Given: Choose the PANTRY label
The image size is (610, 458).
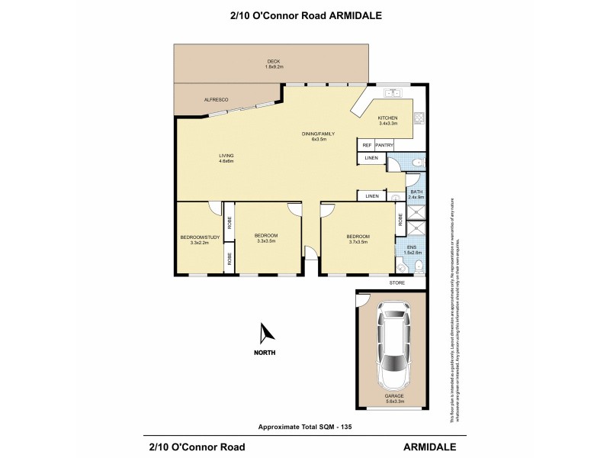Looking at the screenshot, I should point(384,145).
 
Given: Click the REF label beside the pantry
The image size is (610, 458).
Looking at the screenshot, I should point(366,145).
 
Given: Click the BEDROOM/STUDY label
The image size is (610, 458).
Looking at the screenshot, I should point(200,237).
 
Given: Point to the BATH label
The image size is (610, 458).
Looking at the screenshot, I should point(416,192).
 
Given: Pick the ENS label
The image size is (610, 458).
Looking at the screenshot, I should point(412,247).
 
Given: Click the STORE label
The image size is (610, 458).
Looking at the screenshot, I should point(396,283).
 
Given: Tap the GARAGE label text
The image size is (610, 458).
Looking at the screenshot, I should point(393,396).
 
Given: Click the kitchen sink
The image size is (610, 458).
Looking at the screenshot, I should point(394,95).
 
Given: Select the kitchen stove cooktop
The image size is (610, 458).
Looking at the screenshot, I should point(418,118).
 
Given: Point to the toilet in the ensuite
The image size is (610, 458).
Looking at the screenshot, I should point(418,266).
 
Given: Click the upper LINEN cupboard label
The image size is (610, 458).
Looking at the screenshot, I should point(371,159).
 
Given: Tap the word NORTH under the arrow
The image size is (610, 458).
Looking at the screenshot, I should point(266,353).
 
